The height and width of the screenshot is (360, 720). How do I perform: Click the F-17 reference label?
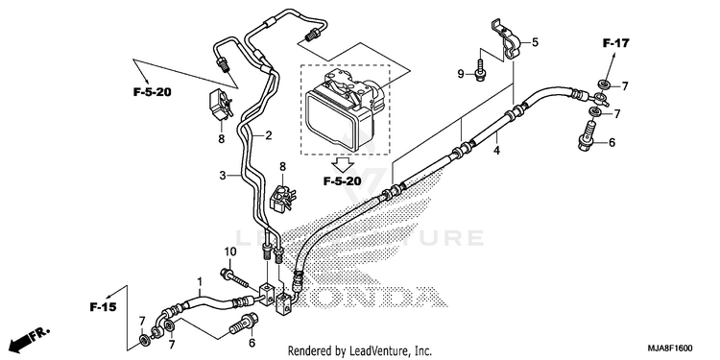click(x=615, y=43)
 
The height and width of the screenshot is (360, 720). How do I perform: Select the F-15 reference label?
click(x=103, y=307)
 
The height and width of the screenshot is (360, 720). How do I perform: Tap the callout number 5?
click(x=535, y=42)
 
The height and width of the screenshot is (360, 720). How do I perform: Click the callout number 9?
click(x=461, y=74)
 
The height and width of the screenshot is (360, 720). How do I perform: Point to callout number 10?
click(x=230, y=252)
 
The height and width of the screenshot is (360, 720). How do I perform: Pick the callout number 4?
click(x=496, y=150)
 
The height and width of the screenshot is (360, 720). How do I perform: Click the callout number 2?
click(x=268, y=135)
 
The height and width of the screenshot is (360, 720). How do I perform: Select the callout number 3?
click(x=223, y=175)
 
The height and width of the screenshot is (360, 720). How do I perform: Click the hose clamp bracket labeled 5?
click(x=506, y=40)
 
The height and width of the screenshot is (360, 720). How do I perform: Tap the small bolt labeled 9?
click(x=479, y=71)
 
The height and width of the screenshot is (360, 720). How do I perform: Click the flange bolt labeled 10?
click(x=236, y=277)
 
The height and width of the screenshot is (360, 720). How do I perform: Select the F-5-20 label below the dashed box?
click(x=342, y=181)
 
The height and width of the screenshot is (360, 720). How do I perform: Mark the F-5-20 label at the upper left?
click(x=153, y=92)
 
